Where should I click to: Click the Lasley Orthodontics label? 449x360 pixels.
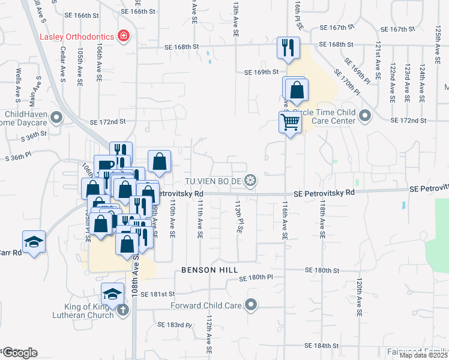tap(77, 36)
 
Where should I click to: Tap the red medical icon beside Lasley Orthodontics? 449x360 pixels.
tap(124, 36)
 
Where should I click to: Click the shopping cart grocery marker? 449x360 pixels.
tap(290, 122)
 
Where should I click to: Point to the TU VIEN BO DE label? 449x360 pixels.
tap(215, 180)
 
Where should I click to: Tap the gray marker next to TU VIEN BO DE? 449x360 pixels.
tap(252, 180)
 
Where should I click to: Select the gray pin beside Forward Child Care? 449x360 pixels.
tap(252, 305)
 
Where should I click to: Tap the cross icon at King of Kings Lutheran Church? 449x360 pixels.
tap(122, 310)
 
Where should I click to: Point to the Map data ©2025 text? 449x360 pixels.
tap(423, 355)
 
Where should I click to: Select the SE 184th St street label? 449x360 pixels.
tap(322, 346)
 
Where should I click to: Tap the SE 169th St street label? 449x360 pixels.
tap(261, 72)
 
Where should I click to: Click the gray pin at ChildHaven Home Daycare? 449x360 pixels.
tap(56, 118)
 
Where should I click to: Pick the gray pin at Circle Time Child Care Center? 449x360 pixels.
tap(365, 115)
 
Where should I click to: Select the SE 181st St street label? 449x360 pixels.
tap(157, 294)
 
